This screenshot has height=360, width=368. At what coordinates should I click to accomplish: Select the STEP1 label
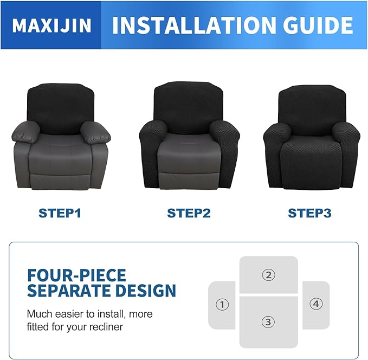tap(60, 213)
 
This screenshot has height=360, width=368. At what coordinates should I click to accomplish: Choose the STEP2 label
tap(189, 213)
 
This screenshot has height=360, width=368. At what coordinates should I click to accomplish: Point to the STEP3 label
tap(309, 213)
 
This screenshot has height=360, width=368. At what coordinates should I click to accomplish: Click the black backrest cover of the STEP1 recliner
tap(60, 107)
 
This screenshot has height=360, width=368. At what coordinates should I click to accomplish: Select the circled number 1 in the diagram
tap(222, 305)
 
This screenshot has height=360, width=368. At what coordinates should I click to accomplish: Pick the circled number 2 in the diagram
tap(268, 275)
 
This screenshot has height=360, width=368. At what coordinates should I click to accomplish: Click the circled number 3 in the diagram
tap(268, 322)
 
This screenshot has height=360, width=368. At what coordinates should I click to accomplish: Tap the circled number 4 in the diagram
tap(316, 304)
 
